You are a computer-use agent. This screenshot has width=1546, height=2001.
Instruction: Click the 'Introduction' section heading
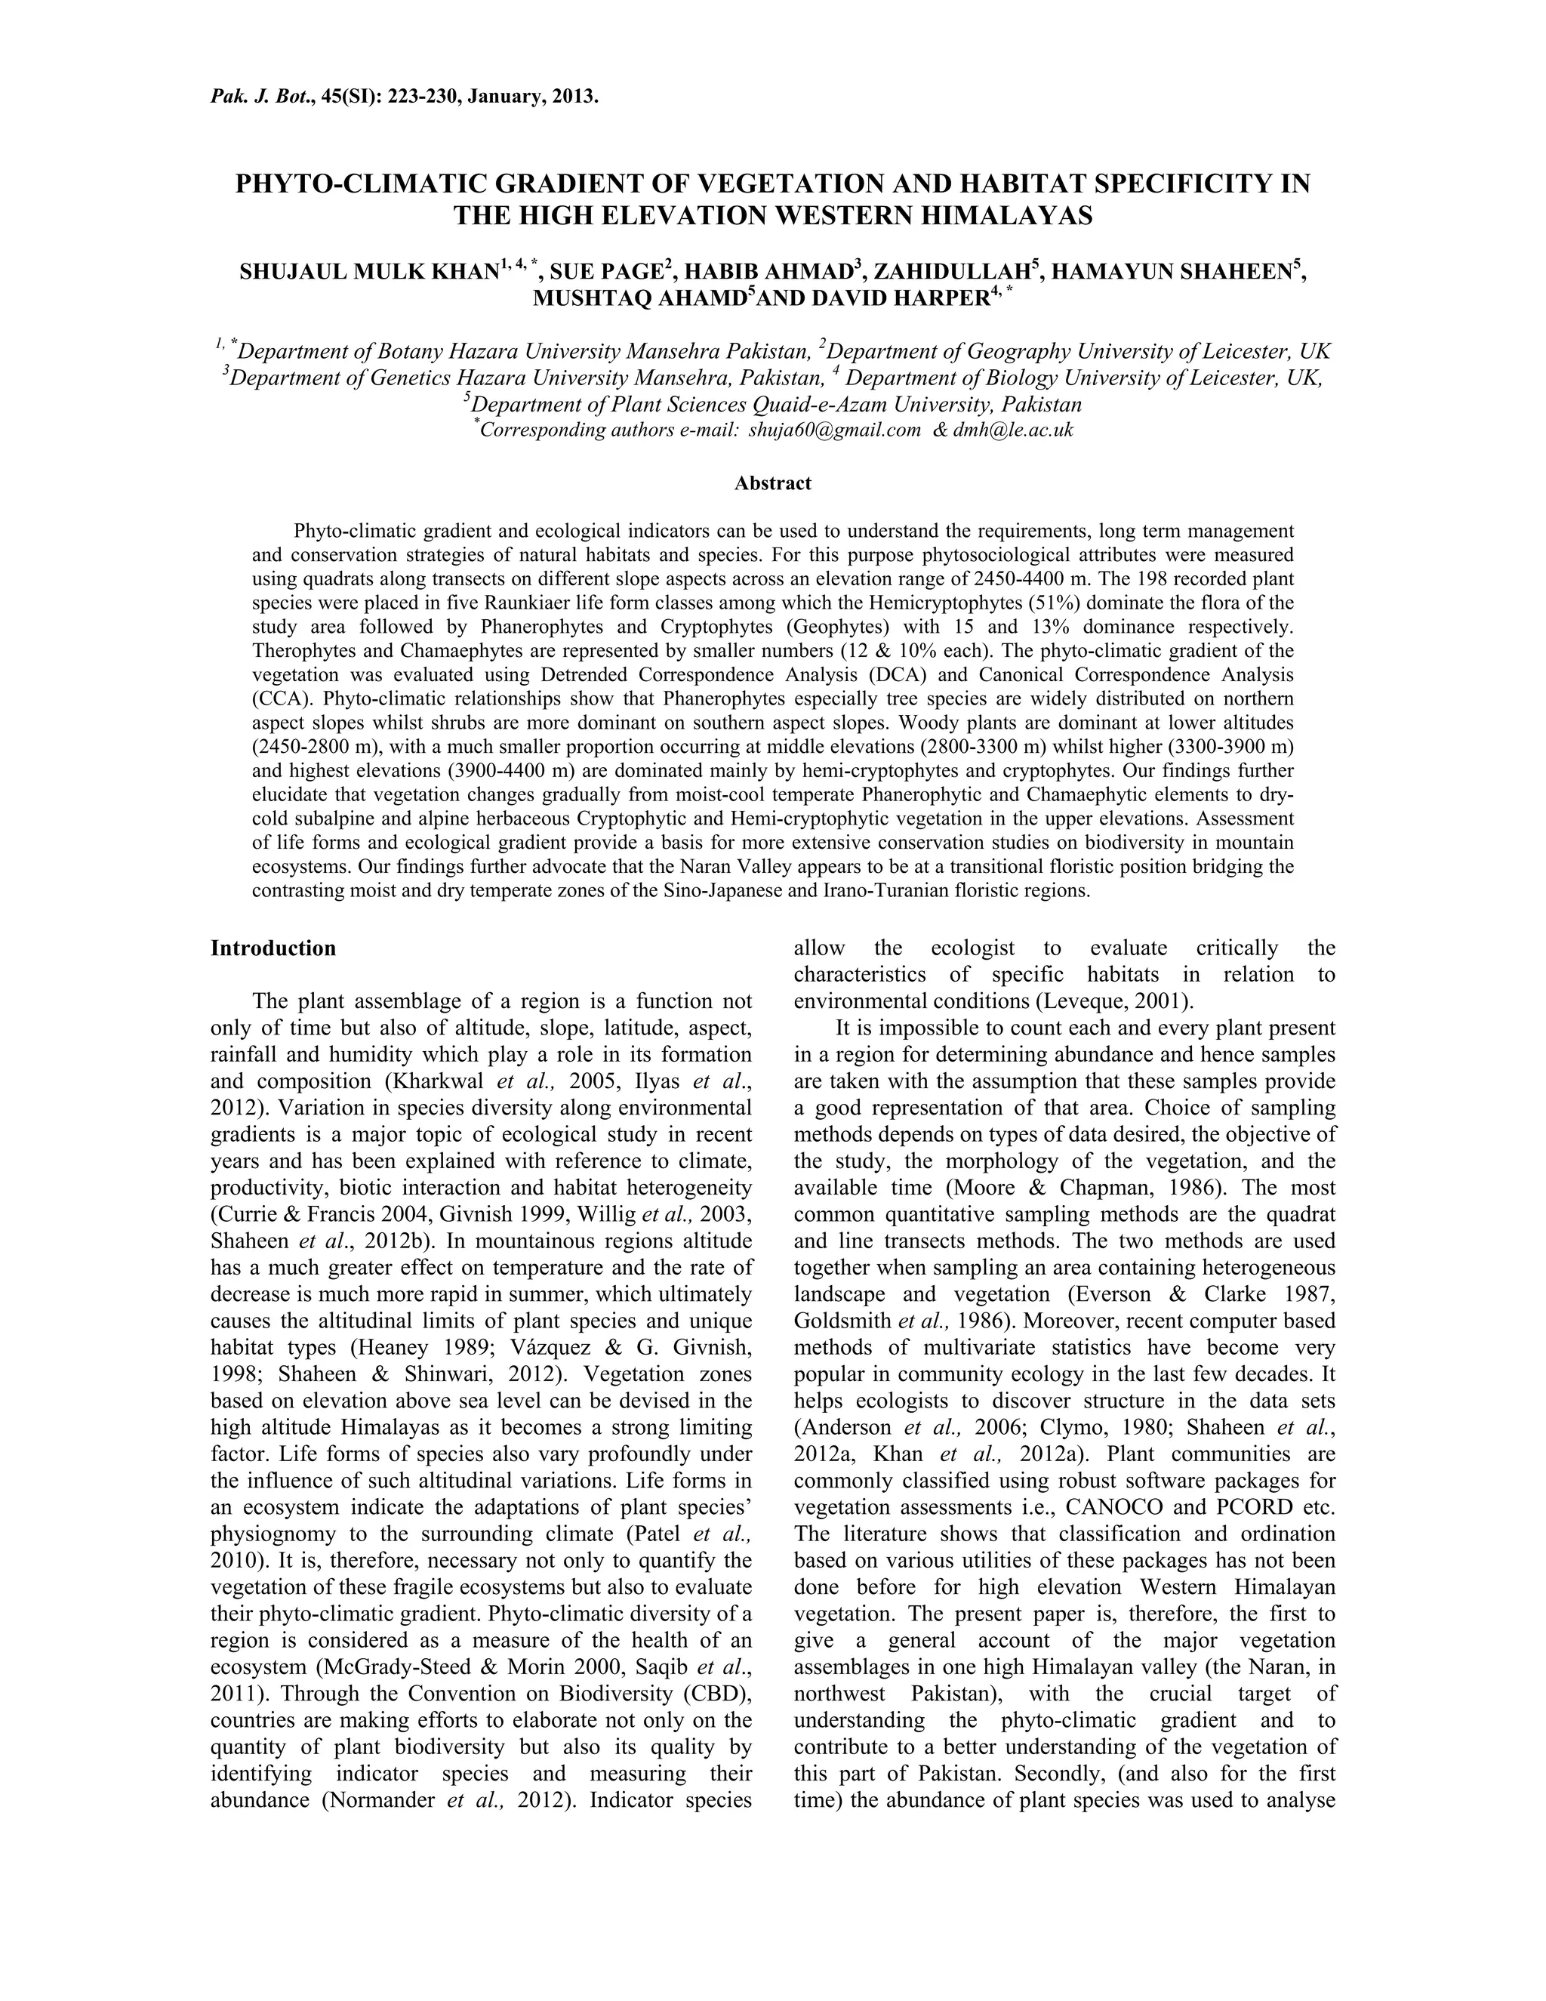click(x=273, y=948)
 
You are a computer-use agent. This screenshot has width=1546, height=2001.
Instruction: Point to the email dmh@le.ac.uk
click(x=1013, y=430)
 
